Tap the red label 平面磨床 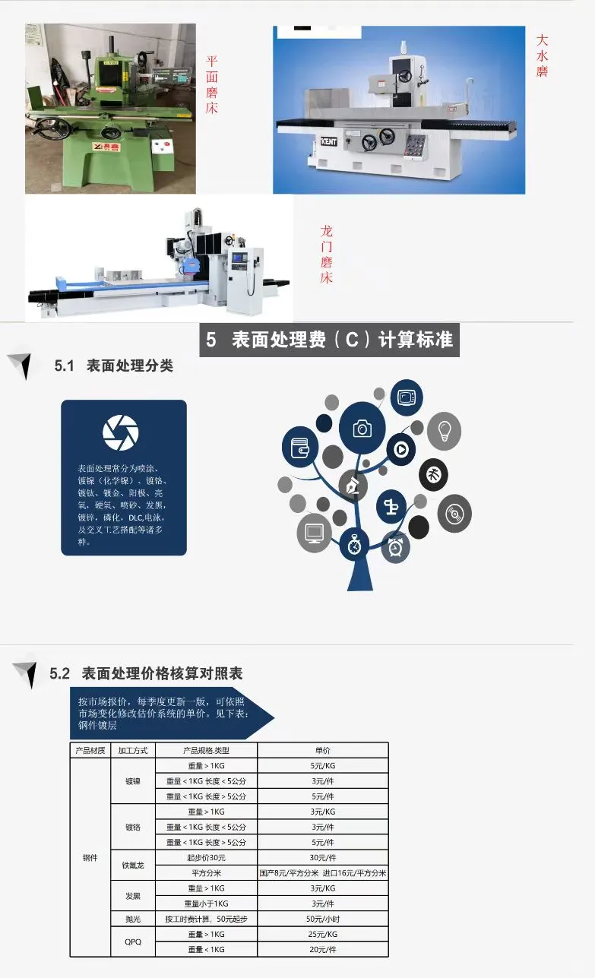coord(212,84)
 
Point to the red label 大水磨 coord(542,55)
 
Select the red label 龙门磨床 coord(326,254)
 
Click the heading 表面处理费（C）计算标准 coord(330,340)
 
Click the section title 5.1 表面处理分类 coord(114,366)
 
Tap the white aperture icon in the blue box coord(121,432)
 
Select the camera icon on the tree coord(362,429)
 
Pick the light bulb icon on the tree coord(445,430)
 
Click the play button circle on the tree coord(400,449)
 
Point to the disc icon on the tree coord(454,514)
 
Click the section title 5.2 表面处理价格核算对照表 coord(146,673)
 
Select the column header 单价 coord(322,750)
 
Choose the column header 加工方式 coord(133,750)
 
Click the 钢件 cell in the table coord(90,857)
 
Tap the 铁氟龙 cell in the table coord(133,865)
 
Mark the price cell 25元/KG coord(322,934)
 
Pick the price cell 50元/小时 coord(322,919)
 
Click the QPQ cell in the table coord(133,942)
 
